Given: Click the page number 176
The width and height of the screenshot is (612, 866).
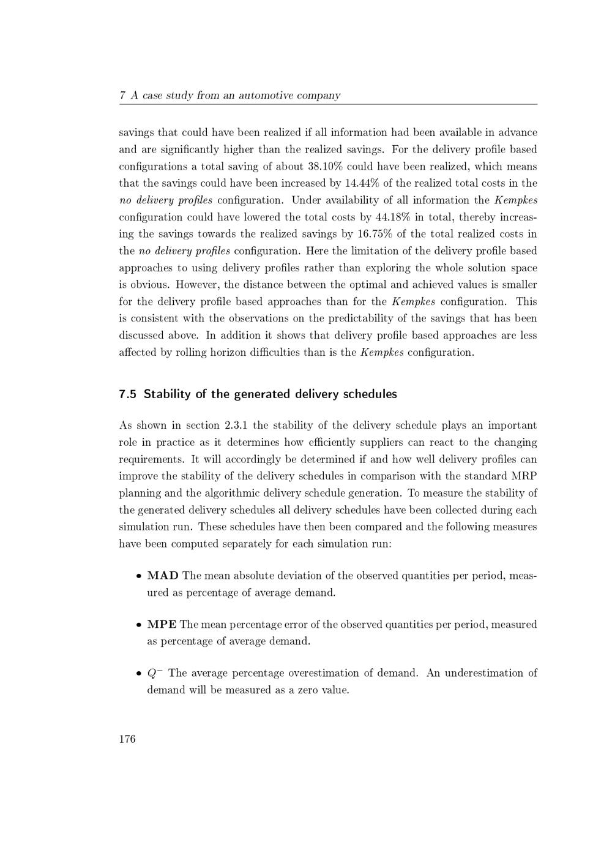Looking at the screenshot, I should pos(127,739).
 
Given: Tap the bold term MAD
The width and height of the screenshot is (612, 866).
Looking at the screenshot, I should pos(163,576).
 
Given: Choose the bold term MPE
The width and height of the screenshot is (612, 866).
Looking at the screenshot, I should pos(162,624).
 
